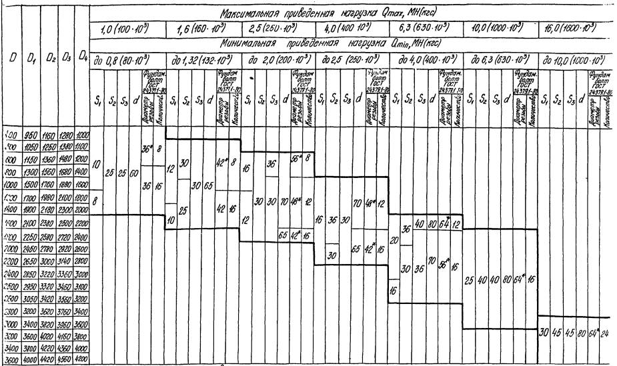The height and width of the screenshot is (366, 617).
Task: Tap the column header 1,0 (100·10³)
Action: coord(124,29)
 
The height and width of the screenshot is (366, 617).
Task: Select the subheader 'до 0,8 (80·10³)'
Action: coord(124,61)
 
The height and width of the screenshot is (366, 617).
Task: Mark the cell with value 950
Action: coord(29,135)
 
